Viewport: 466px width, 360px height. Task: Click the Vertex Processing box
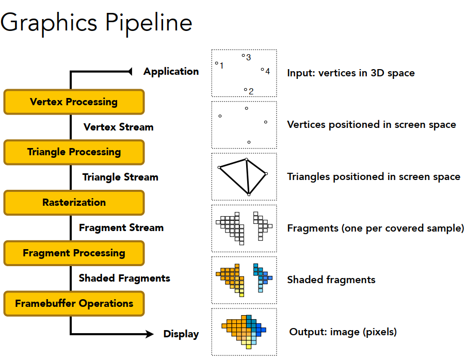pos(74,102)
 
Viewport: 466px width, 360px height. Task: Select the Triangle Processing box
pos(74,152)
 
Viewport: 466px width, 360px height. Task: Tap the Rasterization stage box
pos(74,203)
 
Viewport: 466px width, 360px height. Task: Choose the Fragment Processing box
pos(74,253)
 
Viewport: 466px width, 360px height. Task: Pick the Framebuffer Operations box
pos(74,303)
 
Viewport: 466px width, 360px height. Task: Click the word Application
pos(171,72)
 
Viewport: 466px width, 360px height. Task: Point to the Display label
pos(181,334)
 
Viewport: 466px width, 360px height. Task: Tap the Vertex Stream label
pos(118,127)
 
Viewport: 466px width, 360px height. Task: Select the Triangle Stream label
pos(120,177)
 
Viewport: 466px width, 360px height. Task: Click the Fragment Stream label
pos(121,228)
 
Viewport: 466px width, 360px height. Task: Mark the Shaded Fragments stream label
pos(124,279)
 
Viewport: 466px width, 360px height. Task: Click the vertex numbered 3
pos(244,56)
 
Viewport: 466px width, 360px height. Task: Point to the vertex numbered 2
pos(246,90)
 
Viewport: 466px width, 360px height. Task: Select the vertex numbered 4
pos(262,70)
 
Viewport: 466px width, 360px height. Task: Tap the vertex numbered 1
pos(217,63)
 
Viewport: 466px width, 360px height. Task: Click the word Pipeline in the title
pos(149,23)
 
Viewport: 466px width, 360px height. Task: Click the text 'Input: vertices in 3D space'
pos(350,73)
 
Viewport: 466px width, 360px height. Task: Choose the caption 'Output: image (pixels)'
pos(343,332)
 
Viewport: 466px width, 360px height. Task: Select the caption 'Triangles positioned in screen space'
pos(373,177)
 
